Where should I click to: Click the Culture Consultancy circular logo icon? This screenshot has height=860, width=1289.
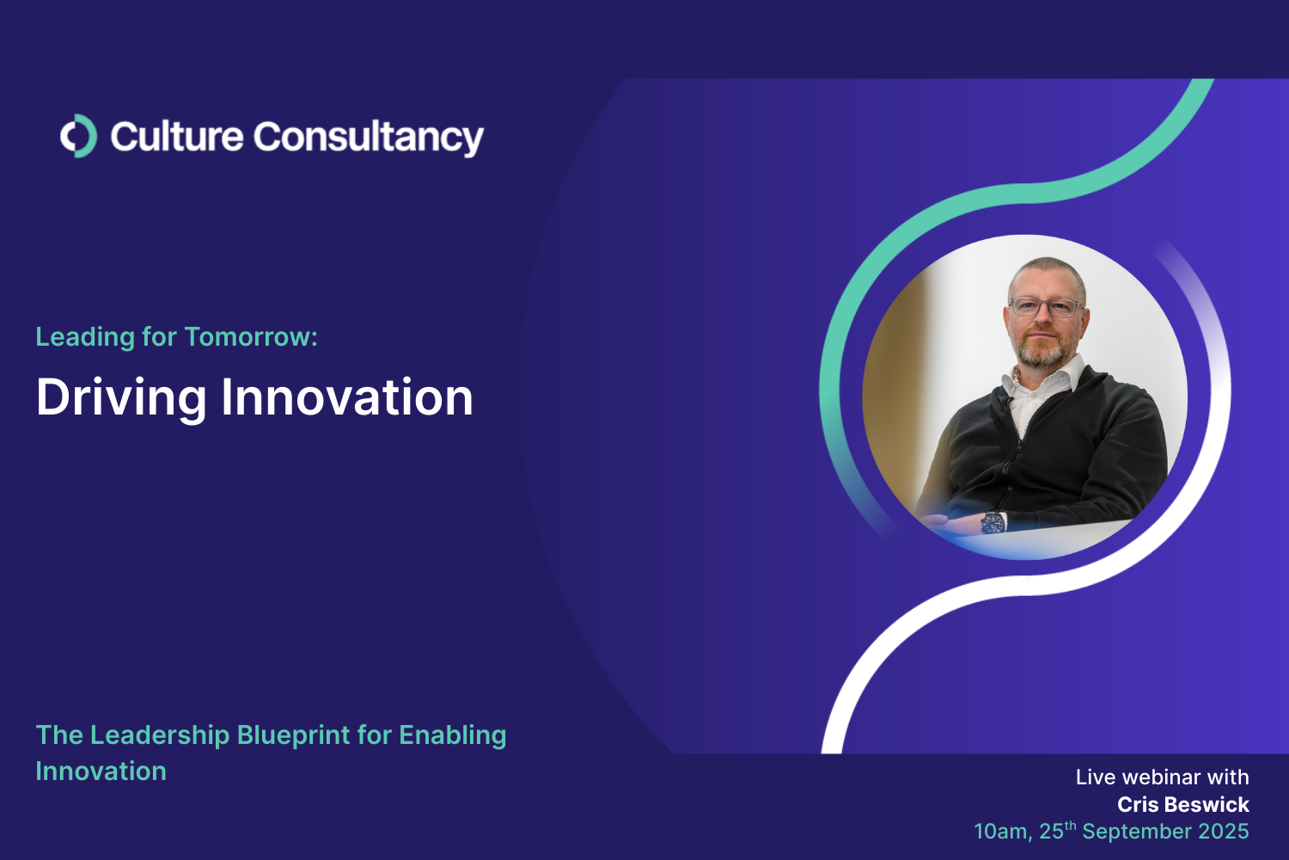pos(79,136)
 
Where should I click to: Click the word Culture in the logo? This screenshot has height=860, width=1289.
pos(177,137)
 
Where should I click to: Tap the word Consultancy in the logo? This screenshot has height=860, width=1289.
pos(369,138)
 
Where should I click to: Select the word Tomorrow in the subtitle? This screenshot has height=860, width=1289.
pos(251,337)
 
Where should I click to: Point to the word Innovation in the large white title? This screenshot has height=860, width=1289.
pos(347,396)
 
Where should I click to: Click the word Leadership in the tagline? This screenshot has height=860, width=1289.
pos(160,736)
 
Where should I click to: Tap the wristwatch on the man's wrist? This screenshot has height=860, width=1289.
pos(993,523)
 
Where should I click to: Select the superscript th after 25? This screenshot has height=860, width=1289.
pos(1071,825)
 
